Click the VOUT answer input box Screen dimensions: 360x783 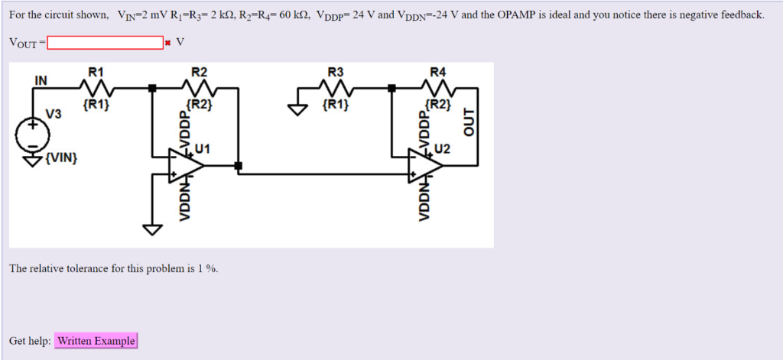[x=105, y=42]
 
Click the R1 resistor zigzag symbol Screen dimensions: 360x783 [x=96, y=87]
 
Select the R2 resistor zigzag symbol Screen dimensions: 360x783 [x=199, y=87]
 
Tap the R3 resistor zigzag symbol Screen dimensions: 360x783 [x=336, y=87]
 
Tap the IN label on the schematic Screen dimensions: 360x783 [x=40, y=79]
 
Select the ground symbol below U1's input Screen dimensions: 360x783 [x=152, y=229]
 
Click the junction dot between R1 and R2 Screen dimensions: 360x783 [x=152, y=89]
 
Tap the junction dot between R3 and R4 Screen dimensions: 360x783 [x=391, y=89]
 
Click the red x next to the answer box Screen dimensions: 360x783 [x=167, y=43]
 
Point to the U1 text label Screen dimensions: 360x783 [x=203, y=148]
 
